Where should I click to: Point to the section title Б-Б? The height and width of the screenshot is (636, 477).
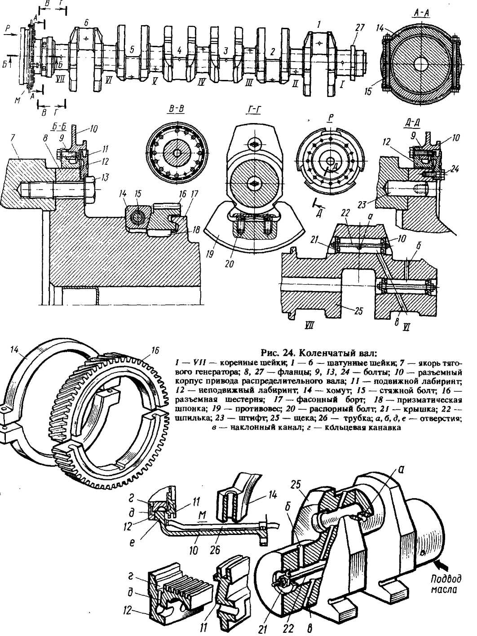click(59, 128)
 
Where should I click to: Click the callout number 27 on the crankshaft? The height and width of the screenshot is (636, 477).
click(359, 28)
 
